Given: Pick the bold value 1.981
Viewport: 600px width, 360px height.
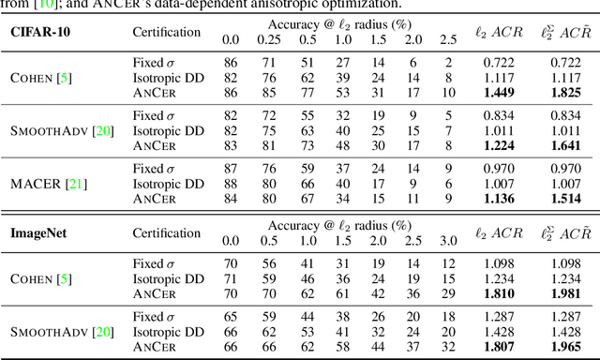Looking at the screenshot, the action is point(562,293).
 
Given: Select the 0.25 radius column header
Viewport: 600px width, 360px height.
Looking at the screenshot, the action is point(269,39).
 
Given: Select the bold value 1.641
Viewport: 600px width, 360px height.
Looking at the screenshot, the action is point(562,146).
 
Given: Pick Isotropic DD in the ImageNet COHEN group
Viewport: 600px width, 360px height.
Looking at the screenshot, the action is point(167,279).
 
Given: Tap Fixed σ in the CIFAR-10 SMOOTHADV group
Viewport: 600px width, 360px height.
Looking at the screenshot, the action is point(156,116).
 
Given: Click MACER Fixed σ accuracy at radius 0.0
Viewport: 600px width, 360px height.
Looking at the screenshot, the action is point(230,169).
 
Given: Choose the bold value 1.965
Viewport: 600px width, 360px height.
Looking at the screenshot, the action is point(562,346).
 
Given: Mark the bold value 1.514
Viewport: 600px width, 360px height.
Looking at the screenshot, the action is point(562,199).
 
